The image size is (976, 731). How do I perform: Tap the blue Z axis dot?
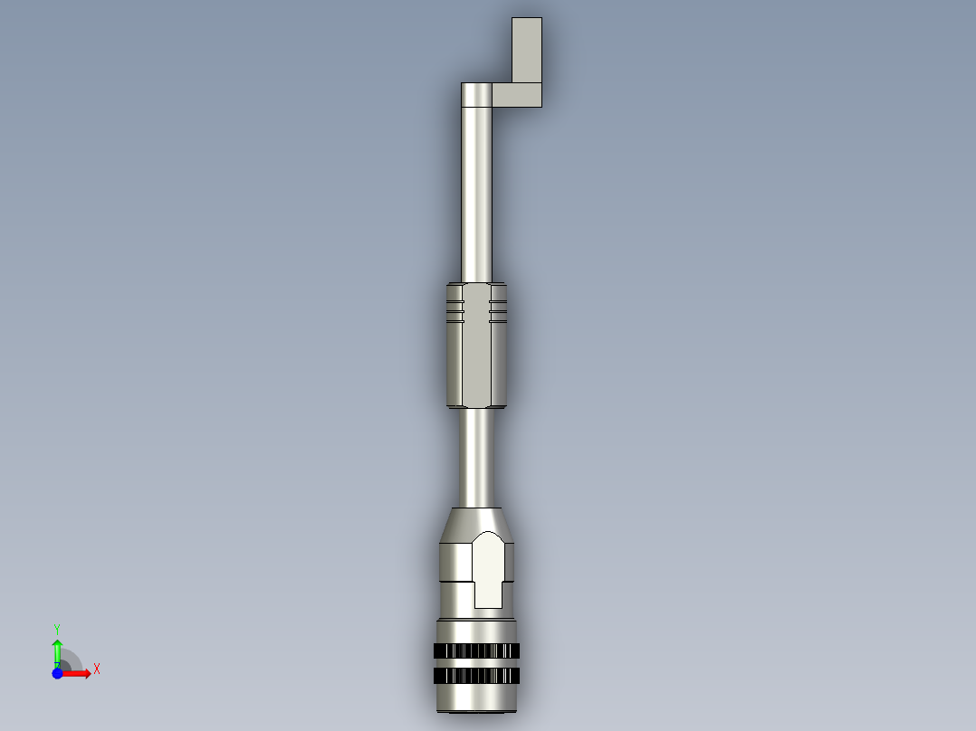click(57, 672)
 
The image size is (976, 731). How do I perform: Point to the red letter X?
click(96, 669)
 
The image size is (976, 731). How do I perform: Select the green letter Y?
click(57, 628)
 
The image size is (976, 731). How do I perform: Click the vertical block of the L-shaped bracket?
click(527, 50)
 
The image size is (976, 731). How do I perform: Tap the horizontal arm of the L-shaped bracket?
click(517, 95)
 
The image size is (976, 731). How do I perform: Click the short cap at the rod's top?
click(476, 94)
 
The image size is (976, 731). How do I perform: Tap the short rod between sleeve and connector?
click(476, 457)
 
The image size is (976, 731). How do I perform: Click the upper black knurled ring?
click(476, 651)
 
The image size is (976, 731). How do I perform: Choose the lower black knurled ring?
click(476, 677)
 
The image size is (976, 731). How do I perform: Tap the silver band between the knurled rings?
click(476, 664)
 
